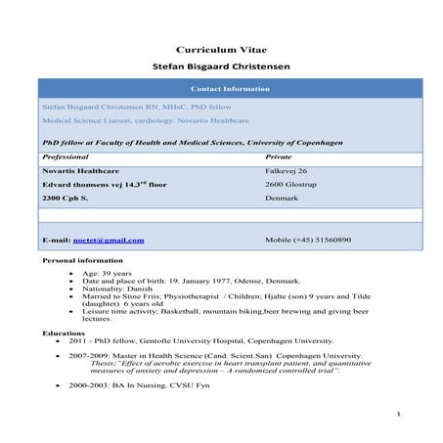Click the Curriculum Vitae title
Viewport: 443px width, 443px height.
click(x=221, y=49)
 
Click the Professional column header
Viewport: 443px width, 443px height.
click(x=66, y=156)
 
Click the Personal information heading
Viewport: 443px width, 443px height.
click(x=84, y=262)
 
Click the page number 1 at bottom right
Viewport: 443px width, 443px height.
click(x=400, y=415)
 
